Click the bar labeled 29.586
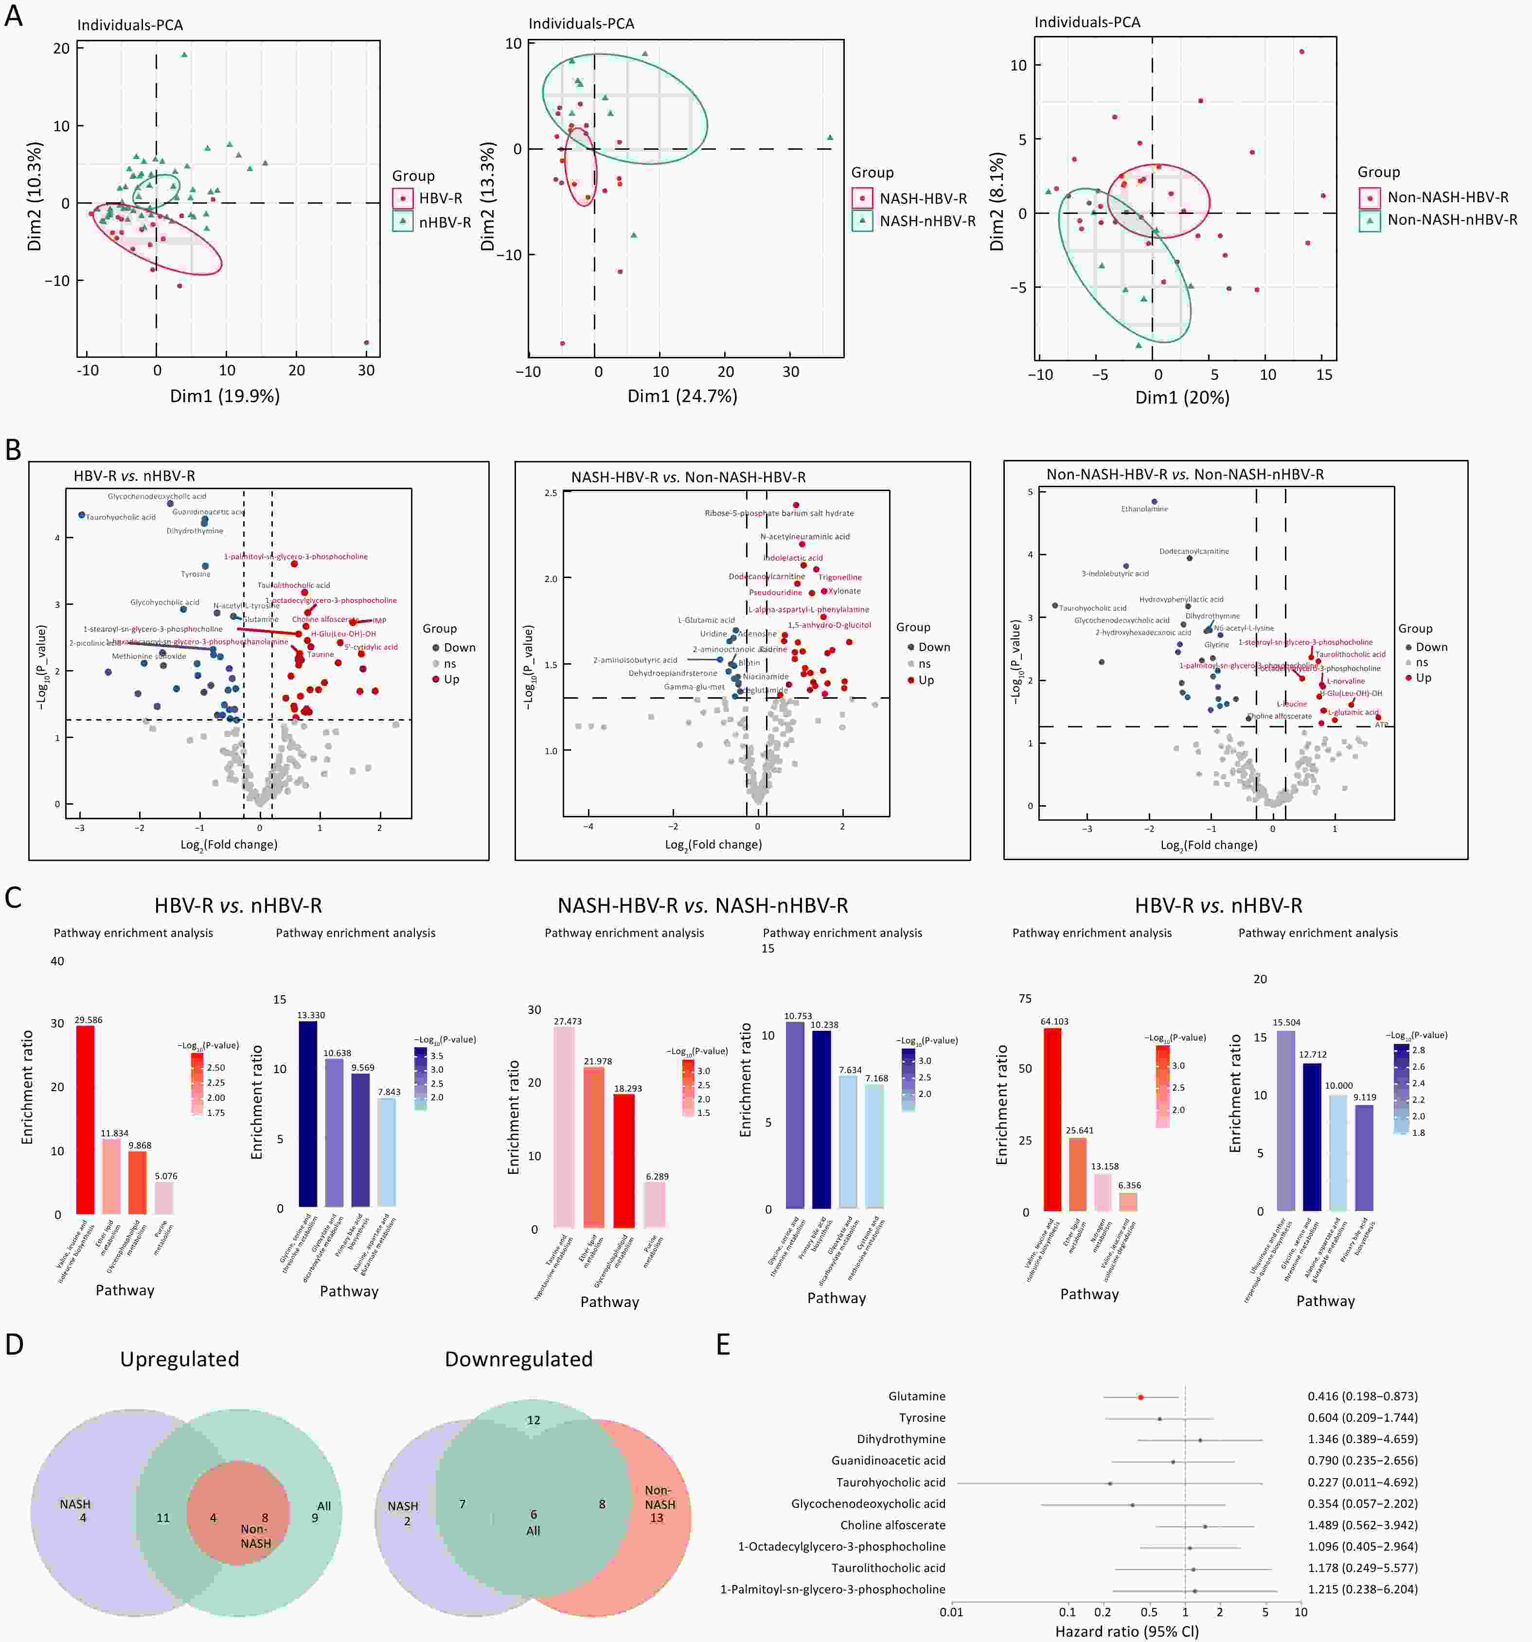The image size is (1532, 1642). click(85, 1119)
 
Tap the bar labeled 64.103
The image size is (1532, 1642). click(1053, 1120)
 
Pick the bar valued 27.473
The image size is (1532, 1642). click(564, 1128)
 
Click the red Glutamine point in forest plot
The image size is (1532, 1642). click(1140, 1396)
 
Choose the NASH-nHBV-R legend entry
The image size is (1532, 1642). click(915, 221)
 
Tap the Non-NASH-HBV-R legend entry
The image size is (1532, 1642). click(1436, 197)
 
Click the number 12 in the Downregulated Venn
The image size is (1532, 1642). click(534, 1420)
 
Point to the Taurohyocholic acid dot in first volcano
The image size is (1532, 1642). click(82, 515)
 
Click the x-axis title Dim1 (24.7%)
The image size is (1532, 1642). click(682, 396)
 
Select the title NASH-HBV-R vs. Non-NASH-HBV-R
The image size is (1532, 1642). click(688, 477)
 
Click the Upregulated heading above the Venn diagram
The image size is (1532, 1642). click(179, 1360)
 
